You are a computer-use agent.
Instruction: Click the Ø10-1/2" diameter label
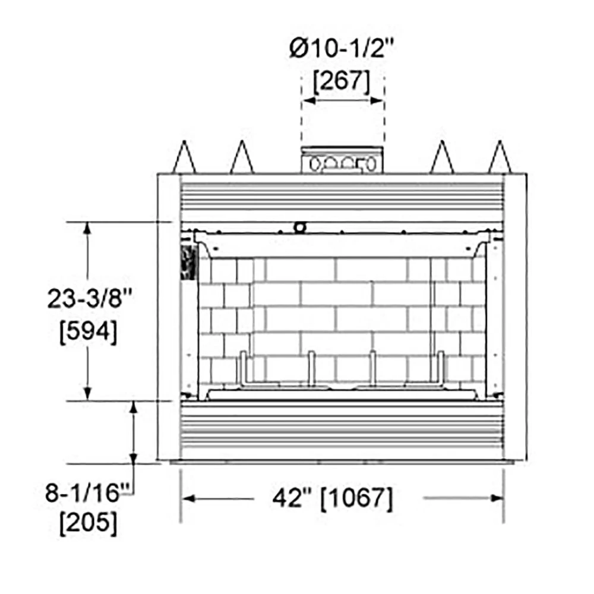tap(342, 48)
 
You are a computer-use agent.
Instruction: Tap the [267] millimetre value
tap(342, 81)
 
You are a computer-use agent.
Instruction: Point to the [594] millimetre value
tap(89, 332)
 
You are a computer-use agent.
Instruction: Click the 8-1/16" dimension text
tap(87, 492)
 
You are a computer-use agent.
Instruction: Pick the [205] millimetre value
tap(89, 523)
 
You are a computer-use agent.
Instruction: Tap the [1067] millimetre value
tap(356, 498)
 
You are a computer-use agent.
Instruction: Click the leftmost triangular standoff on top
tap(184, 157)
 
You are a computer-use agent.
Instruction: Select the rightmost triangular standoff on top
tap(500, 157)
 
